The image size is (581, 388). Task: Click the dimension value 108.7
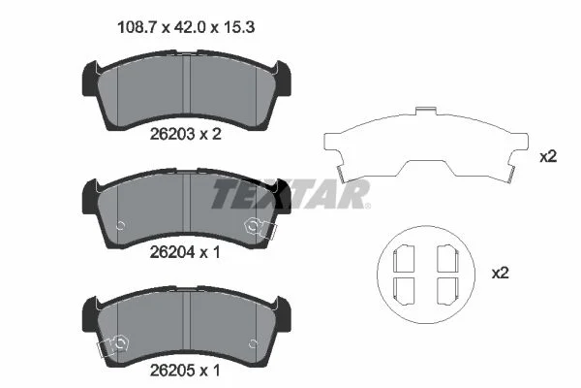tap(138, 27)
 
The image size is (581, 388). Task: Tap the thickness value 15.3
tap(238, 27)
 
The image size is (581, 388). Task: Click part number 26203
tap(172, 134)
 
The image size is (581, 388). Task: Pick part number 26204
tap(172, 252)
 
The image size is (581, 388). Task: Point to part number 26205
tap(172, 371)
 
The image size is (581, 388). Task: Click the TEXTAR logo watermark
tap(290, 194)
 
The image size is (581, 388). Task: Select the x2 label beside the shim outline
tap(548, 157)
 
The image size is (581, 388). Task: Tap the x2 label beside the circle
tap(501, 274)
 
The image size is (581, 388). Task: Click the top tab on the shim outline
tap(425, 110)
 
